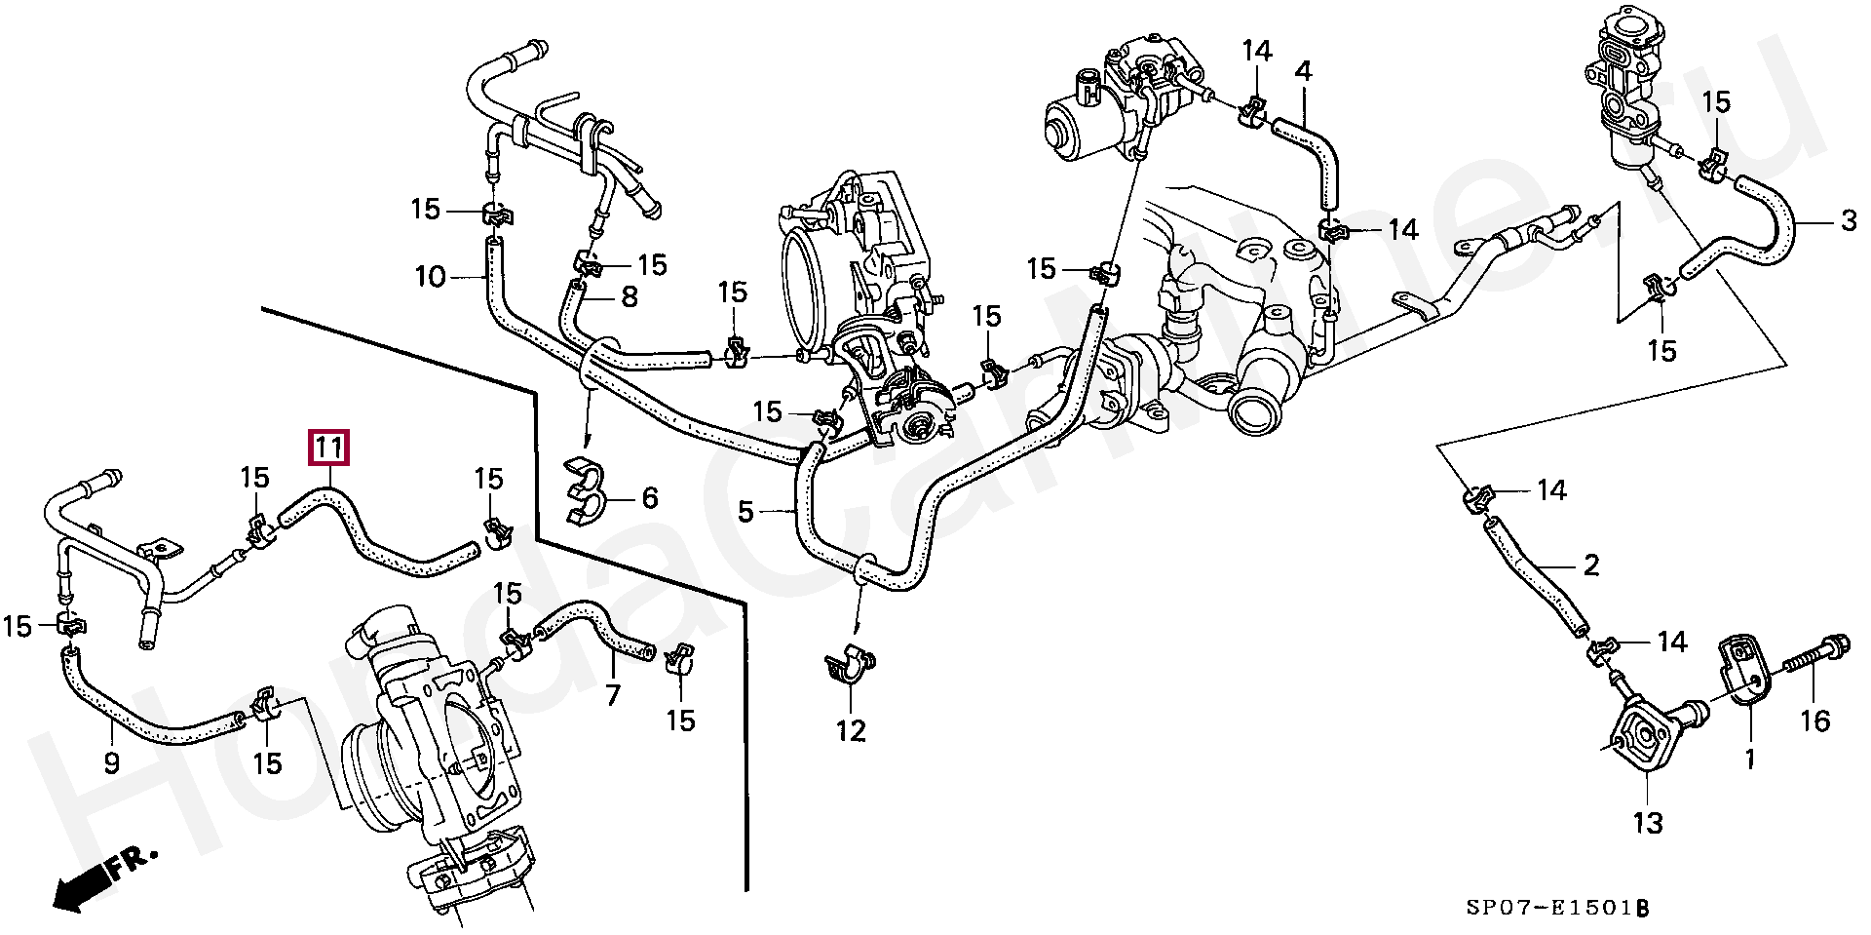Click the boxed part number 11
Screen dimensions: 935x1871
coord(327,448)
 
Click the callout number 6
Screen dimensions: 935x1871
coord(650,499)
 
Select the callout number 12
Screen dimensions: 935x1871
coord(851,730)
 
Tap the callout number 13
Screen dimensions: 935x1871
coord(1648,825)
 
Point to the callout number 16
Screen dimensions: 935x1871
coord(1815,721)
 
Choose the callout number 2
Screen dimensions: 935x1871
coord(1591,565)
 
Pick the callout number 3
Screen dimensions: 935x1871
coord(1849,222)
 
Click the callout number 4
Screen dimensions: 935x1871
coord(1303,71)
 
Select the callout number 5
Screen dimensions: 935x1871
coord(745,511)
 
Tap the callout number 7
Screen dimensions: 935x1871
coord(613,696)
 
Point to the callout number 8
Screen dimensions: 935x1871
coord(630,296)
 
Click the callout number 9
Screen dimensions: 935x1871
coord(111,762)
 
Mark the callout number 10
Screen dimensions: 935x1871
coord(430,278)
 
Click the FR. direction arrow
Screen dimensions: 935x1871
coord(97,877)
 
